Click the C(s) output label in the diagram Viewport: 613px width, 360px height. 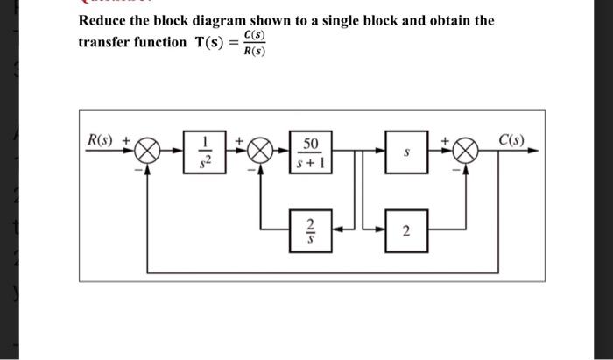point(512,140)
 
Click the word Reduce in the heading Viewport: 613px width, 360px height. point(104,19)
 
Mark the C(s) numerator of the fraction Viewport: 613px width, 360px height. point(254,34)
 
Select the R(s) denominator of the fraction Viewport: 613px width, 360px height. point(254,50)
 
